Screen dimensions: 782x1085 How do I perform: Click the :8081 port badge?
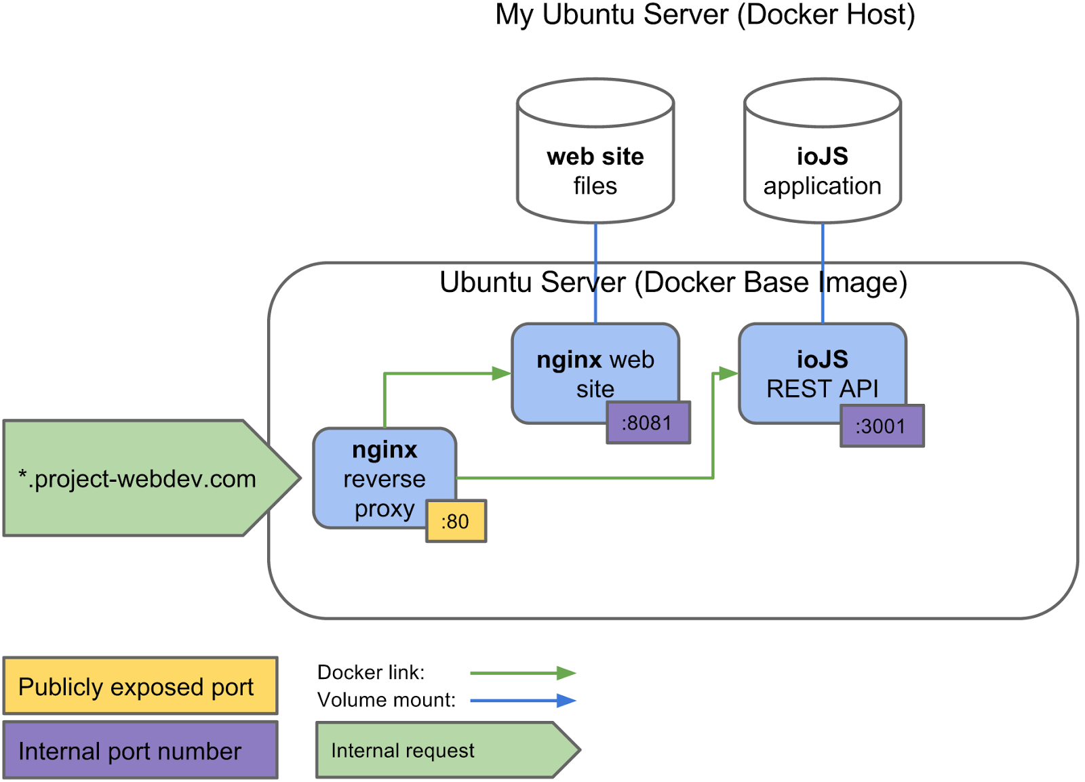pos(648,423)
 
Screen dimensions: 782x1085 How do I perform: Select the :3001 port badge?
pos(882,426)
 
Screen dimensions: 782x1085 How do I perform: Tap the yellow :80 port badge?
pos(456,521)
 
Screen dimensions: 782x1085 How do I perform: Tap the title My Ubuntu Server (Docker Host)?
pos(705,15)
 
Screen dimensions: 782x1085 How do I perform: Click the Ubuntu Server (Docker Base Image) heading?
pos(673,283)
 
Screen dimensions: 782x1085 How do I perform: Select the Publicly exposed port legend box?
pos(140,686)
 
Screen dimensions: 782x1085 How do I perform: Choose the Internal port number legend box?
pos(140,750)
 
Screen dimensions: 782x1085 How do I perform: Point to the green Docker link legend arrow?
pos(522,673)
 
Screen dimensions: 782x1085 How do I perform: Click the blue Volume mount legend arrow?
pos(522,701)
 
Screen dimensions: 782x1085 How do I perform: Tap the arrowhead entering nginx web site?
pos(502,373)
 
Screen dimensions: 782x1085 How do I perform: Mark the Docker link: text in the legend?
pos(370,672)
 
